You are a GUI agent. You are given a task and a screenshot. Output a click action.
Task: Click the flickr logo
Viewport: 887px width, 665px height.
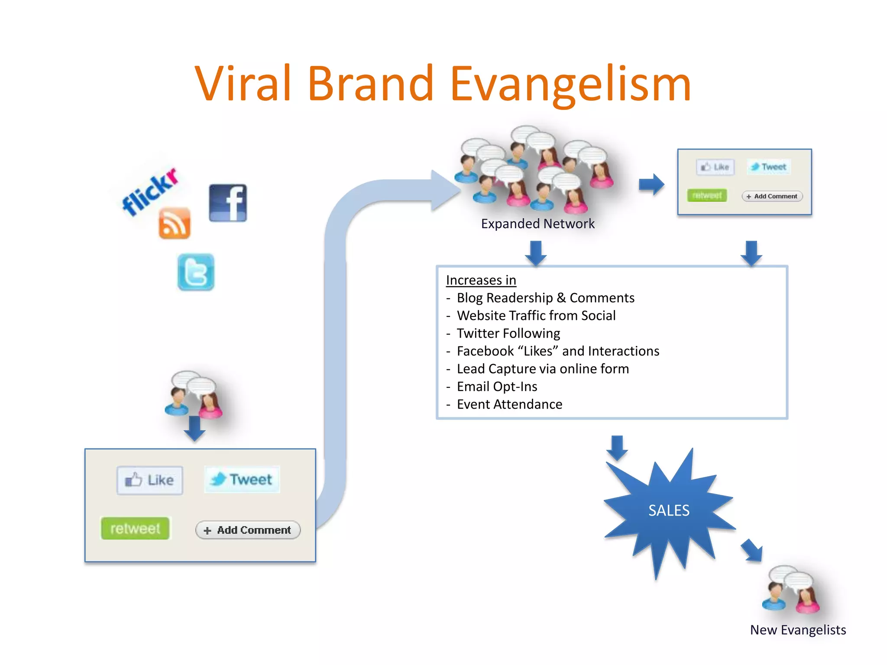150,191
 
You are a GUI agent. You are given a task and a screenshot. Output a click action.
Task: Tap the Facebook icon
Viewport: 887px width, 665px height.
228,203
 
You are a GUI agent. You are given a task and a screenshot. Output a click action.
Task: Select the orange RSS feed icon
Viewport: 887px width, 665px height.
174,223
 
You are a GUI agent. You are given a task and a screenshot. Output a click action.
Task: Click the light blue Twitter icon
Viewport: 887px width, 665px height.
196,272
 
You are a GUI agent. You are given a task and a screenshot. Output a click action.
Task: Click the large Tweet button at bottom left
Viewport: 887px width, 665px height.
242,479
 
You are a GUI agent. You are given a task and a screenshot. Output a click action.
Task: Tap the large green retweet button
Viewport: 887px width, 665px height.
135,528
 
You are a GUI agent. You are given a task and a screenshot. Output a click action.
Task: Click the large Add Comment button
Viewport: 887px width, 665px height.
248,530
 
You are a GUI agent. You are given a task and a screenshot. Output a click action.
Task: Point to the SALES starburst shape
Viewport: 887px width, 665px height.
668,511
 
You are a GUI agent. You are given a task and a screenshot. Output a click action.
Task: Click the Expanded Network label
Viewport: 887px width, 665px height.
537,224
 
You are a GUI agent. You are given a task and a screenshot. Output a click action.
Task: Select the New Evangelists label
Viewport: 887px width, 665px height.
798,630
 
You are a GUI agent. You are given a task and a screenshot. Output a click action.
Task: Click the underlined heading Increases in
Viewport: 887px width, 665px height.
481,280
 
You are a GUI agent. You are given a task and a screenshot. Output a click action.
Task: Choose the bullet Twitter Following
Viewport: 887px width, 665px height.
508,333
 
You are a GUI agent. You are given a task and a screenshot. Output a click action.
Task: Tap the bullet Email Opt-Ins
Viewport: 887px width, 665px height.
497,387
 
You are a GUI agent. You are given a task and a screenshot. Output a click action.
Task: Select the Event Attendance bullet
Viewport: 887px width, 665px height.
509,404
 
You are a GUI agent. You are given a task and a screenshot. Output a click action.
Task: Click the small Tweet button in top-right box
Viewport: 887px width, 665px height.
769,167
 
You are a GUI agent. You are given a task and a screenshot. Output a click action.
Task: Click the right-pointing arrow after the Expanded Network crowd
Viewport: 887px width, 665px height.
651,184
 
